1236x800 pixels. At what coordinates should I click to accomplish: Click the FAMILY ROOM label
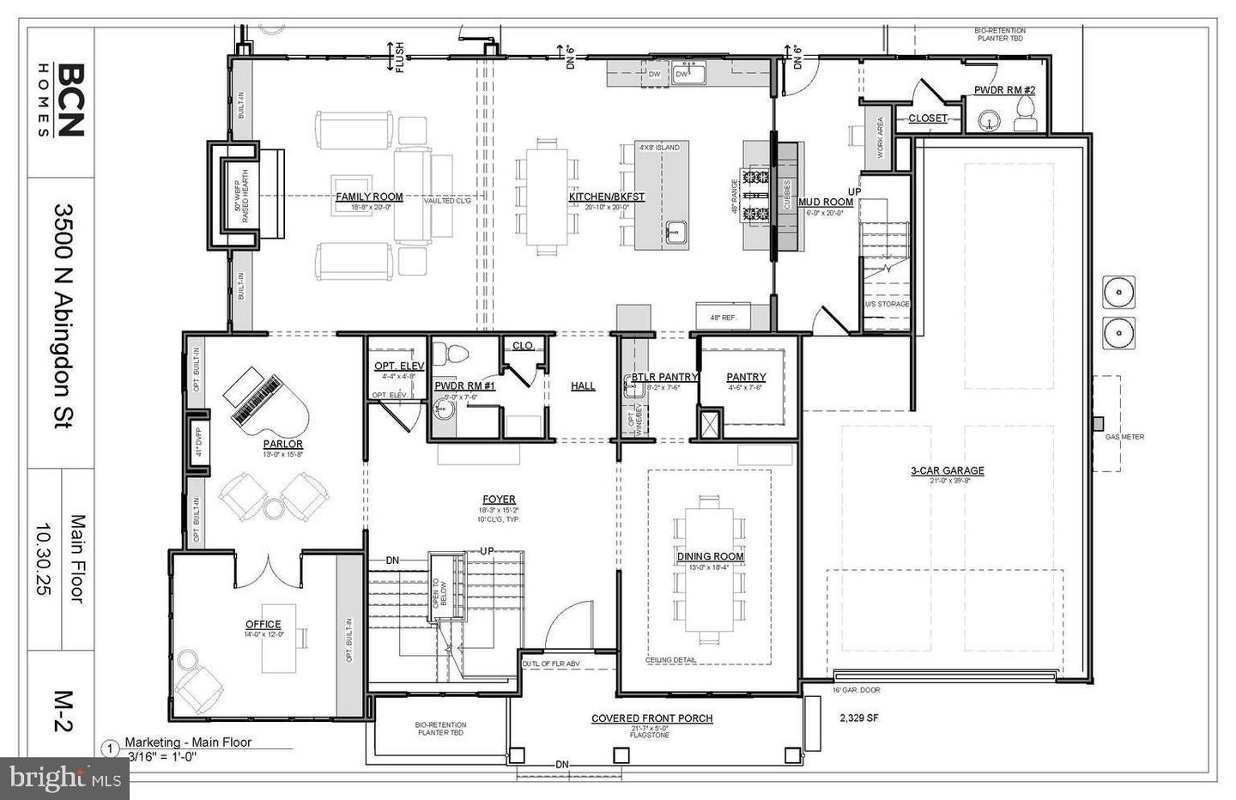point(369,197)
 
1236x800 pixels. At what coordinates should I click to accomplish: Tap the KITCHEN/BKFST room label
point(606,197)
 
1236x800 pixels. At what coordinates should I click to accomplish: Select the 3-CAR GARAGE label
point(947,470)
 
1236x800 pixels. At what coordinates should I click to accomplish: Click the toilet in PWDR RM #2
point(1024,112)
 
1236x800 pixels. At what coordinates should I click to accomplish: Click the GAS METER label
point(1124,437)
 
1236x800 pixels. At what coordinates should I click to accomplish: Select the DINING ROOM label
point(710,556)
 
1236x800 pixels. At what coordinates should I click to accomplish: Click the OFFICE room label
point(263,624)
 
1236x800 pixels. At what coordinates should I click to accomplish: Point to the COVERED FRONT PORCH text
point(651,718)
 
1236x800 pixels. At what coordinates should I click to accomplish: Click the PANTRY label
point(745,377)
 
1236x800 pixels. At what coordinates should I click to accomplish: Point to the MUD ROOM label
point(826,203)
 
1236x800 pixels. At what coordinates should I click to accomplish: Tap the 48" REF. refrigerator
point(723,317)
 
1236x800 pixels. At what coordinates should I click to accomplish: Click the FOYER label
point(499,499)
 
